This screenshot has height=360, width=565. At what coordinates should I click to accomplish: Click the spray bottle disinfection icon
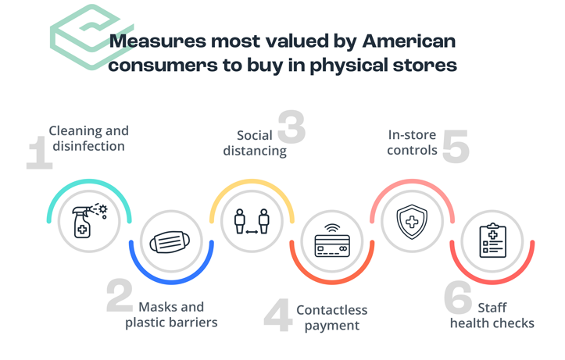tap(89, 221)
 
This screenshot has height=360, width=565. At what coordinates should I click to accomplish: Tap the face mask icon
tap(170, 242)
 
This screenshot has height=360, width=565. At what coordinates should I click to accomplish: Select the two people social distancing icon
tap(252, 221)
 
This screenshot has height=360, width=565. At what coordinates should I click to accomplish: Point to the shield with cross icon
tap(412, 222)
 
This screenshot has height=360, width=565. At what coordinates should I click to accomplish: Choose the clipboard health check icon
tap(492, 240)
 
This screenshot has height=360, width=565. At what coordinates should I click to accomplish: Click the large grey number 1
tap(39, 152)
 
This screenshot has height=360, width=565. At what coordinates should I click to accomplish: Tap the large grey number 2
tap(120, 295)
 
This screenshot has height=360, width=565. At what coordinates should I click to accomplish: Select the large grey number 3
tap(291, 127)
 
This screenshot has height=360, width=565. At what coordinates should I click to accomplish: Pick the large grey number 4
tap(278, 315)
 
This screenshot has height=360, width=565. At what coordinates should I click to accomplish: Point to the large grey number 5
tap(456, 147)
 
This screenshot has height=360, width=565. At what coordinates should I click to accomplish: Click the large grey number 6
tap(458, 298)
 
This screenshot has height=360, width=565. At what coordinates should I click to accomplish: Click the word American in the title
tap(409, 41)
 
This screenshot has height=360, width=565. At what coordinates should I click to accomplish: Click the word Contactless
tap(332, 310)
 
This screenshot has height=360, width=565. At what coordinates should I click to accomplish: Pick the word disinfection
tap(88, 146)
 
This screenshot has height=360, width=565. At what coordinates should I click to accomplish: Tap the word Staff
tap(492, 308)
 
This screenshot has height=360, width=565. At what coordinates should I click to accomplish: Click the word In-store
tap(412, 135)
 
